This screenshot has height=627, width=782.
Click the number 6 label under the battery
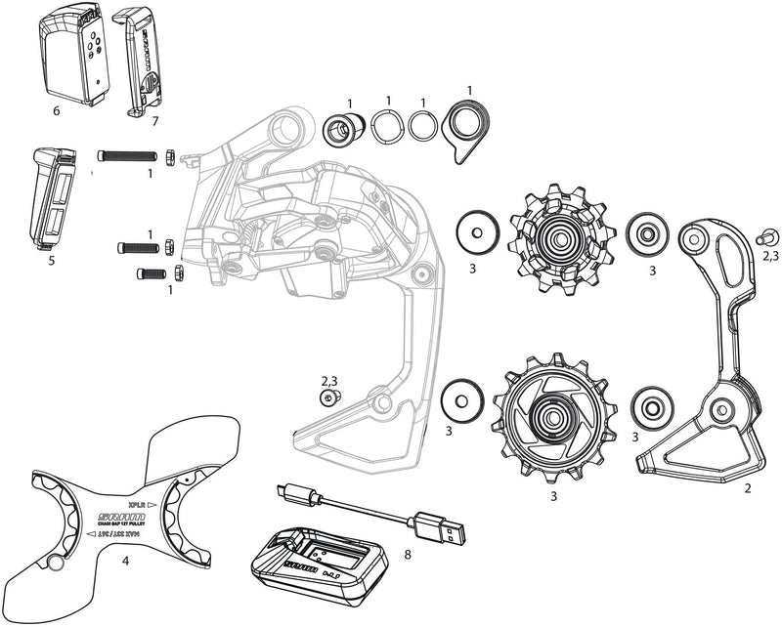(56, 110)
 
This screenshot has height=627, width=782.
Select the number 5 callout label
(51, 262)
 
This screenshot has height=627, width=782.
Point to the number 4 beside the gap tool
(125, 561)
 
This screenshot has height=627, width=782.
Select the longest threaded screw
(127, 154)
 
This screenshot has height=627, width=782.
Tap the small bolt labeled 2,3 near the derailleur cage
(331, 397)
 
